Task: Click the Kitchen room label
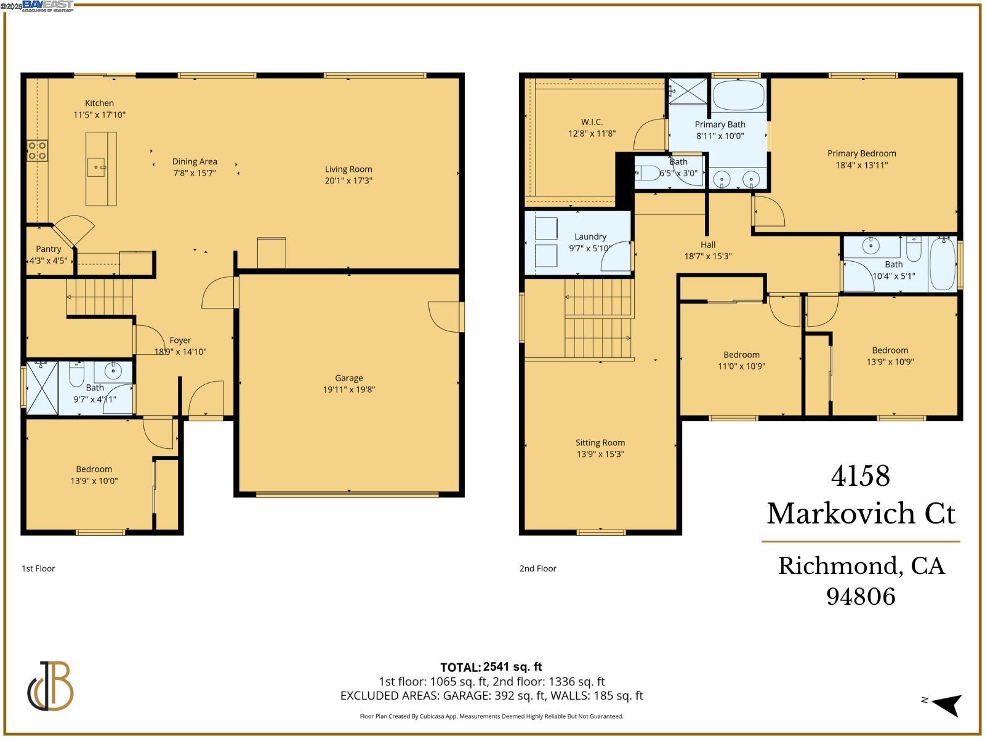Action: pos(99,103)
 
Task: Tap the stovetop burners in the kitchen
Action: pos(37,151)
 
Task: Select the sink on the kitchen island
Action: pos(96,167)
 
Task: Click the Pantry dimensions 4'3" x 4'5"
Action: pos(49,260)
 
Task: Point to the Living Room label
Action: pos(348,169)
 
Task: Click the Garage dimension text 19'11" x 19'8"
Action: pos(349,389)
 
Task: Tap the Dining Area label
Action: pos(195,162)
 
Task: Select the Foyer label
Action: pos(180,341)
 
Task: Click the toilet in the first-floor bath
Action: pos(76,374)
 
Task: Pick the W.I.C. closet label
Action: pos(592,122)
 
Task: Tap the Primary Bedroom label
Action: pos(861,153)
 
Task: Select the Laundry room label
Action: pos(590,236)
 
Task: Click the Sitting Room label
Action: pos(600,443)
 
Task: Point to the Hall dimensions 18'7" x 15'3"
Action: pos(708,256)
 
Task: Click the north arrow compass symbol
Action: pos(946,704)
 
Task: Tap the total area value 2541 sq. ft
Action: pos(512,667)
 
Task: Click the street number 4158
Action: pos(860,476)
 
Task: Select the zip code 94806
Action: pos(860,596)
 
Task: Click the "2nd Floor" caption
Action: pos(537,568)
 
